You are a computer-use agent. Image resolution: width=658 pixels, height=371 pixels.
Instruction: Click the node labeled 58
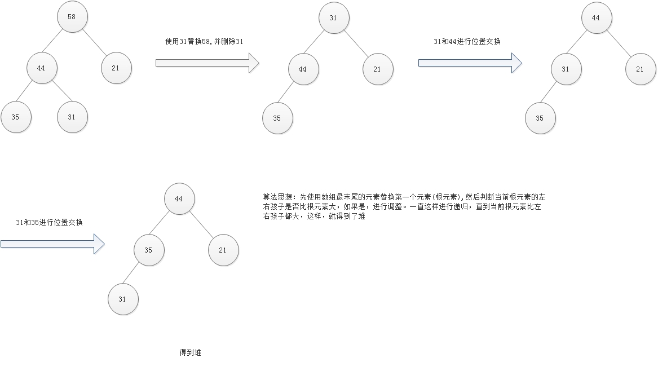(72, 17)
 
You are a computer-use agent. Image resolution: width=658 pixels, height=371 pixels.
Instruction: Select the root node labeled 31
(333, 18)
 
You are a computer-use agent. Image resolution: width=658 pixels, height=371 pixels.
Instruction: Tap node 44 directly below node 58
(42, 68)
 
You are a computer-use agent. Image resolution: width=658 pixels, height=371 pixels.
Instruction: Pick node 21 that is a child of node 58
(116, 68)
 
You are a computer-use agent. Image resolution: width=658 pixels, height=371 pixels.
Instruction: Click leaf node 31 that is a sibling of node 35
(72, 117)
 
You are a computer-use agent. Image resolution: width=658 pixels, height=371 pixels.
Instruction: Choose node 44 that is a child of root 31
(303, 69)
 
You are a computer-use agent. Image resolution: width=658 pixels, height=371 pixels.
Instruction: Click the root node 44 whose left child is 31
(596, 18)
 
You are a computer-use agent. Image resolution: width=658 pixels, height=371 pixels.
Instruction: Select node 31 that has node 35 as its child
(566, 69)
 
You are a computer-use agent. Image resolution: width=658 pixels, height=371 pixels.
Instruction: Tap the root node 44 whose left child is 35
(179, 199)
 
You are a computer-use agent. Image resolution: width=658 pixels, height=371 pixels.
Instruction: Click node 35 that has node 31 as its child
(149, 249)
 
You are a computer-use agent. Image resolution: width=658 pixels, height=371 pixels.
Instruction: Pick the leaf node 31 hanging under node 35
(123, 299)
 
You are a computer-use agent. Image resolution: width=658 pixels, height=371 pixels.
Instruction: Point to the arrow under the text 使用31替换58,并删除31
(207, 63)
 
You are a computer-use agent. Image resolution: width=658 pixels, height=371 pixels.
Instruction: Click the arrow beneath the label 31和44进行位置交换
(470, 63)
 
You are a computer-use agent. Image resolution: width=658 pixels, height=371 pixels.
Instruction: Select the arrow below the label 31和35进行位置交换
(52, 244)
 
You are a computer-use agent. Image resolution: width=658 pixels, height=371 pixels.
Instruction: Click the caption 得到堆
(190, 352)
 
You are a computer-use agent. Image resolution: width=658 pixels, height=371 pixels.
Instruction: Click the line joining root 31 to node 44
(319, 43)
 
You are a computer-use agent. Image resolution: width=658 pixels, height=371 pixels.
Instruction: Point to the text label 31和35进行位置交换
(50, 223)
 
